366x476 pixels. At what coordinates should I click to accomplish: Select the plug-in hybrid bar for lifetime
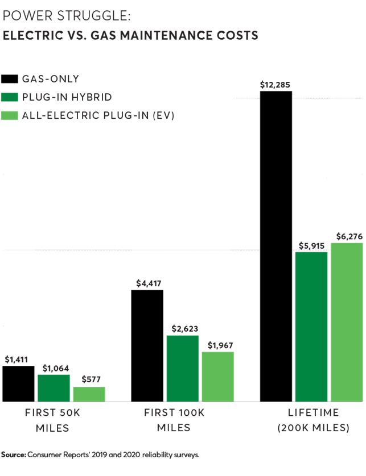tap(312, 327)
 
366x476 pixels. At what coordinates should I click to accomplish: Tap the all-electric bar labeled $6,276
tap(347, 322)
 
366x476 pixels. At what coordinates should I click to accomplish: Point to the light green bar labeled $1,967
tap(217, 376)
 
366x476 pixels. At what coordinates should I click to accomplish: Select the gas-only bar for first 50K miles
tap(18, 383)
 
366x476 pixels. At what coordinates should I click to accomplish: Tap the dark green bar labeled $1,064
tap(54, 388)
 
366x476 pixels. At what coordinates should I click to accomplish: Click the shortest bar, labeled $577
tap(89, 394)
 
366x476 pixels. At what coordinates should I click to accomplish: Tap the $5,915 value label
tap(312, 245)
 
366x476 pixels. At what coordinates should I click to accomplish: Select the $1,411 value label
tap(18, 360)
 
